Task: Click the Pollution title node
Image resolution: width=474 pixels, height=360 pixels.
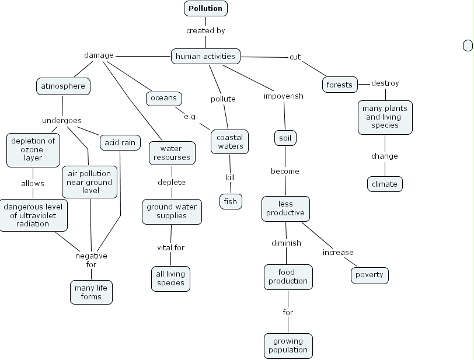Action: point(205,8)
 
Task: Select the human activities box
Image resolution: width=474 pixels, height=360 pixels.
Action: point(205,56)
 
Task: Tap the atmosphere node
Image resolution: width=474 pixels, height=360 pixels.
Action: point(63,86)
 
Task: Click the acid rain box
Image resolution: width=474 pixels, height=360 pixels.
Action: point(120,142)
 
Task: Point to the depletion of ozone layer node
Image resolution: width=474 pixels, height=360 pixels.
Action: point(33,149)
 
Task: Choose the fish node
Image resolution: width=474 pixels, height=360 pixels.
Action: point(230,202)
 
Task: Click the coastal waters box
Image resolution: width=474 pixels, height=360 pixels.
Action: point(230,142)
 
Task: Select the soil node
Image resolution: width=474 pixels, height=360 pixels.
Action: point(285,138)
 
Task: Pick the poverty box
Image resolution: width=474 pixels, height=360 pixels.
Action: point(370,275)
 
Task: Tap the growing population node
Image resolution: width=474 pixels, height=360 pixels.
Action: point(288,345)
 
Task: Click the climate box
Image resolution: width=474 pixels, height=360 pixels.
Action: point(385,184)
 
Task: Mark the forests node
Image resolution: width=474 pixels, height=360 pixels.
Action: point(339,85)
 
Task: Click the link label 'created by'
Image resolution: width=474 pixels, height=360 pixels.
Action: point(205,30)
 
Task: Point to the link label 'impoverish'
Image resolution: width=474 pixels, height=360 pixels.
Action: point(284,96)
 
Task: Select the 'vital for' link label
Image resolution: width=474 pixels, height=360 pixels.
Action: point(170,247)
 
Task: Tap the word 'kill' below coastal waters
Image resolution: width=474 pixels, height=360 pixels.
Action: point(230,177)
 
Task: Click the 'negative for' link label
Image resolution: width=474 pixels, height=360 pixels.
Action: point(91,260)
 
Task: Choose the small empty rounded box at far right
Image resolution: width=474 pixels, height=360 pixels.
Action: point(468,46)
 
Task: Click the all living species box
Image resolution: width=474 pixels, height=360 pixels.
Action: point(170,278)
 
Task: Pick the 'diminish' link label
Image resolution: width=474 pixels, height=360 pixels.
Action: point(286,243)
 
